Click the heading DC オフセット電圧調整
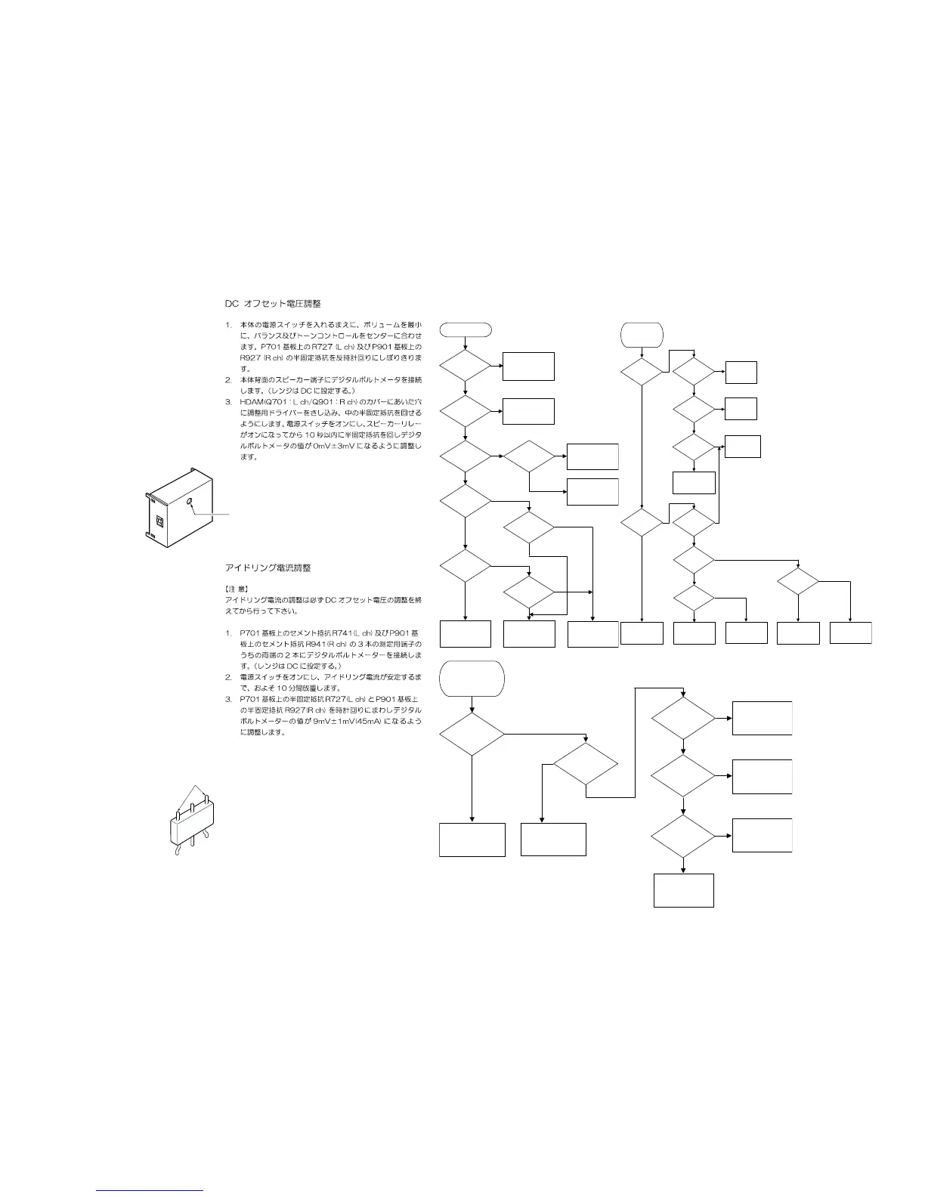point(272,304)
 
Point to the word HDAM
point(250,402)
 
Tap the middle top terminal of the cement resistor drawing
point(193,808)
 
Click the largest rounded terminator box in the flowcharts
point(472,678)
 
